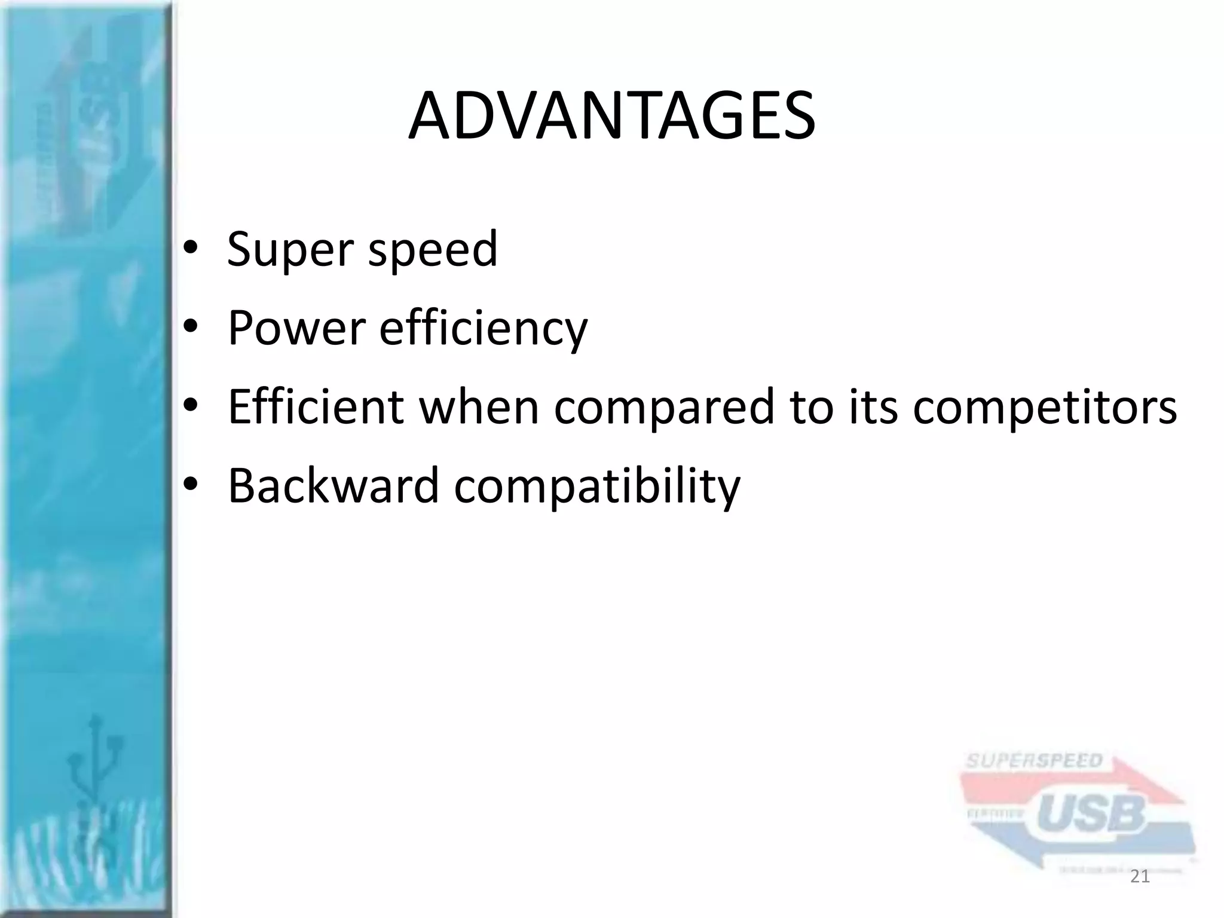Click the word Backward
point(333,485)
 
